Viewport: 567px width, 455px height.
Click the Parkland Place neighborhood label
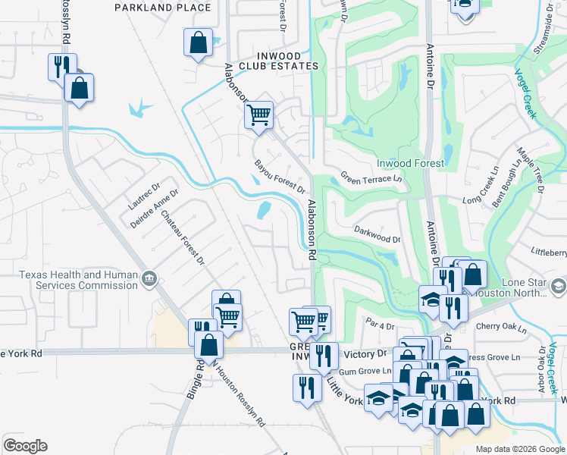[x=163, y=8]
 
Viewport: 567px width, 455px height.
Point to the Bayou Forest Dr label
[x=280, y=176]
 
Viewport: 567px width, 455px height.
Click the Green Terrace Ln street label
[x=371, y=179]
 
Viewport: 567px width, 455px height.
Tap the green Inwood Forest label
[x=410, y=163]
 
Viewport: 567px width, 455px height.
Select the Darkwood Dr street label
[x=377, y=233]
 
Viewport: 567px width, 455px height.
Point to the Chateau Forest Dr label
[x=183, y=237]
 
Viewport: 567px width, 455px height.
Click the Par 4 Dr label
[x=381, y=326]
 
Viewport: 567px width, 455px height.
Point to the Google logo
[x=25, y=446]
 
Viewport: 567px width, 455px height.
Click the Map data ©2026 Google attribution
[x=519, y=449]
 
